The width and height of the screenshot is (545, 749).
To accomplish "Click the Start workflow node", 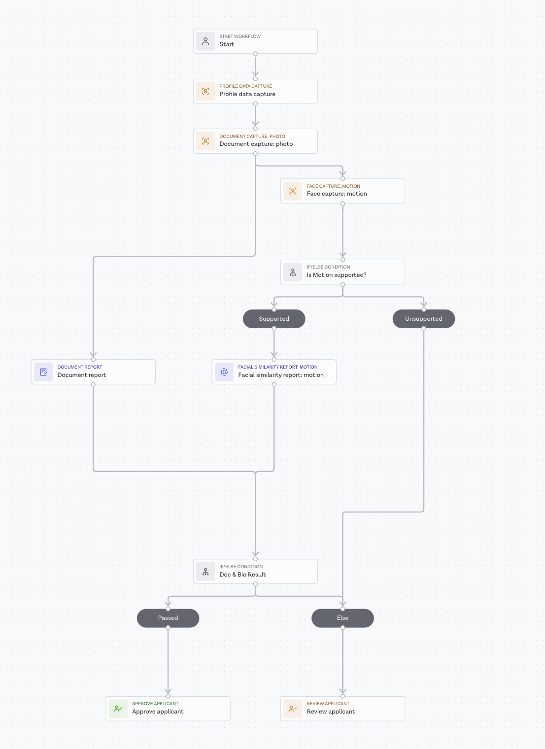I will tap(255, 41).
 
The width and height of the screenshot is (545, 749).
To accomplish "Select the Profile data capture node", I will tap(255, 91).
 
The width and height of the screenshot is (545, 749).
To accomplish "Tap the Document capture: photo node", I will tap(255, 141).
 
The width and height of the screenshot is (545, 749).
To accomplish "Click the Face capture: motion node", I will tap(342, 191).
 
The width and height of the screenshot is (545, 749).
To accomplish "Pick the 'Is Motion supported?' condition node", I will tap(342, 272).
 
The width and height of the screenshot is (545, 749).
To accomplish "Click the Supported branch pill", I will tap(274, 319).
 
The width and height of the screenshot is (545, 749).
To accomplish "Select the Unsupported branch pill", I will tap(424, 319).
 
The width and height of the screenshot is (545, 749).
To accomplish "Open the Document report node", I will tap(93, 372).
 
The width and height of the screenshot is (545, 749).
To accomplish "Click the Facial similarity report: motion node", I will tap(274, 372).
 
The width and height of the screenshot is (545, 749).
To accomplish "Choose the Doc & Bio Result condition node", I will tap(255, 572).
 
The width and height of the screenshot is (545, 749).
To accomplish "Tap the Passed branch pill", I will tap(168, 618).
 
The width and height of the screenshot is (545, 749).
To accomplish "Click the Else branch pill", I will tap(342, 618).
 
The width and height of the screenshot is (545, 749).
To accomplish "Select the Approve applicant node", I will tap(168, 709).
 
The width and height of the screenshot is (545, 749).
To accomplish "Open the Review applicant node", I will tap(342, 709).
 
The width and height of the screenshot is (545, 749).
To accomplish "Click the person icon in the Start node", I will tap(205, 41).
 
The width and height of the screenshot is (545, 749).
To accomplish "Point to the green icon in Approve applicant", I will tap(118, 709).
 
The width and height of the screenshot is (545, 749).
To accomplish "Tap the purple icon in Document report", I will tap(43, 372).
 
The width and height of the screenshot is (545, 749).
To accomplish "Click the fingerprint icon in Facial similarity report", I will tap(224, 372).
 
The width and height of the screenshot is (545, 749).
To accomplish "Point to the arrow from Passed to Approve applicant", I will tap(168, 660).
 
